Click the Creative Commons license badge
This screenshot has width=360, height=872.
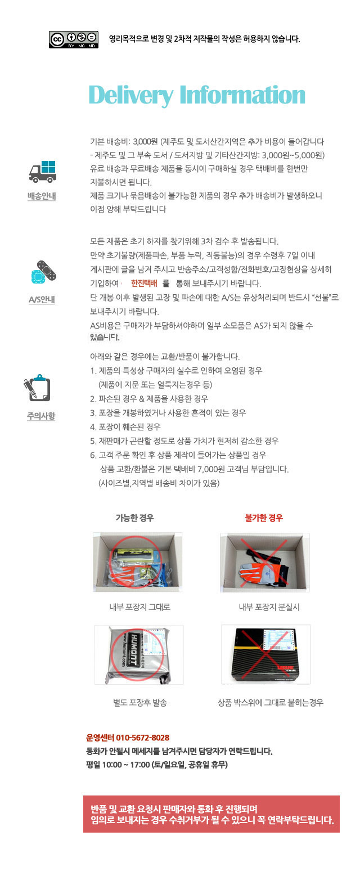pos(73,39)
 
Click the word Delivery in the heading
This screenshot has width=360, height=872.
pos(130,95)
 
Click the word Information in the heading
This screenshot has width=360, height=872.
pos(242,95)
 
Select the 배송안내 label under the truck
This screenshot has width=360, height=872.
pos(42,196)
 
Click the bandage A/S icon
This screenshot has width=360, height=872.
pos(43,273)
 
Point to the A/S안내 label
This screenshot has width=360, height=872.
pos(42,299)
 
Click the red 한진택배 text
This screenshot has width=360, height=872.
pos(144,284)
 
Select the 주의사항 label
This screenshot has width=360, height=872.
pos(41,416)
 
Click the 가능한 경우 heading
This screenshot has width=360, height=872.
pos(134,518)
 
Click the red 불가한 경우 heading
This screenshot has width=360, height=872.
pos(264,518)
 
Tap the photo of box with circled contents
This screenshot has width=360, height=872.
pos(137,562)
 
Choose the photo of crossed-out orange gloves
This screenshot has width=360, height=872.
pos(264,562)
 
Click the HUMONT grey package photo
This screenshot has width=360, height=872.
pos(138,654)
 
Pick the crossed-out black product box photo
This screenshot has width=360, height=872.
pos(265,654)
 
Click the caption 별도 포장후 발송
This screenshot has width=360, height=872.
pos(140,703)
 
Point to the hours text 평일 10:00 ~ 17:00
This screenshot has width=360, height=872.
pos(118,765)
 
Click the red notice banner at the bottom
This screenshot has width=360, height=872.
pos(211,814)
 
